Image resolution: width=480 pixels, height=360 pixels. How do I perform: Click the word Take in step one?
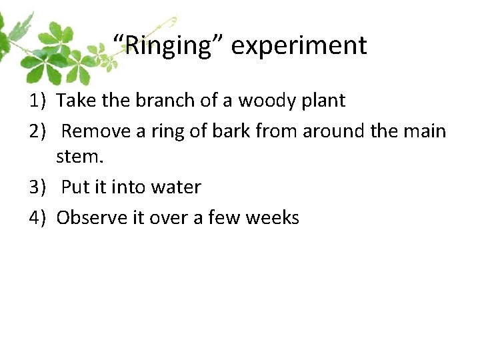pos(75,101)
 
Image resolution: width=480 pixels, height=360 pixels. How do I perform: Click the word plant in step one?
pos(322,101)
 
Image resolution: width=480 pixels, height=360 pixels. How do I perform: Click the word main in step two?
pos(424,131)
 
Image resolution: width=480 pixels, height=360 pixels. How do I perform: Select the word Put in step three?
pos(75,187)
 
